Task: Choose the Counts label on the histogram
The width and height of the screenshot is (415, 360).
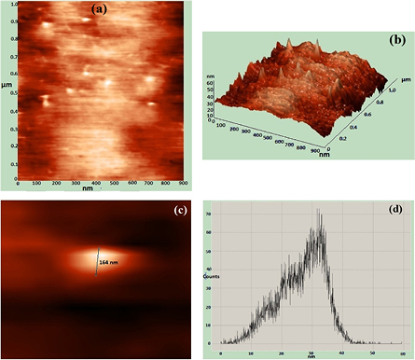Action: click(x=212, y=278)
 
